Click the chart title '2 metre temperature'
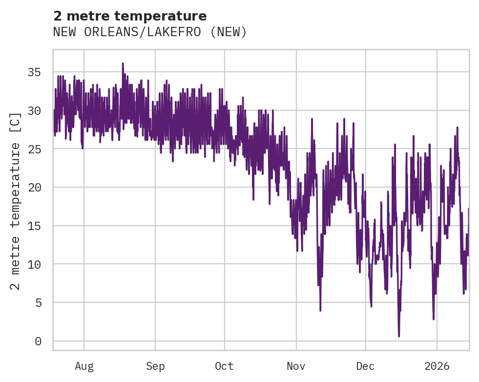click(130, 16)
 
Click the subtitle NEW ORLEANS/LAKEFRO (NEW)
click(150, 32)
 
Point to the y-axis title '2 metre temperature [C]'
click(16, 201)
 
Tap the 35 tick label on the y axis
click(34, 72)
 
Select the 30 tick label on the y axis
click(34, 111)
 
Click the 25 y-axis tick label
click(34, 149)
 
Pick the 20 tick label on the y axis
click(34, 188)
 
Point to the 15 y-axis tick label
click(34, 226)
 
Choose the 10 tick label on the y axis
click(34, 264)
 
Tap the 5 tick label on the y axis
click(38, 303)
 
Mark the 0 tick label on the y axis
click(38, 341)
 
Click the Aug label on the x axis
click(84, 366)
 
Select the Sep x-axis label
click(155, 366)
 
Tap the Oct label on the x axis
click(224, 366)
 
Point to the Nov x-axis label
click(296, 366)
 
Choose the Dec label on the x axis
click(365, 366)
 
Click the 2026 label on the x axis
click(437, 366)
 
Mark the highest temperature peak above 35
click(123, 64)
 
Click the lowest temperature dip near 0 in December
click(399, 336)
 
